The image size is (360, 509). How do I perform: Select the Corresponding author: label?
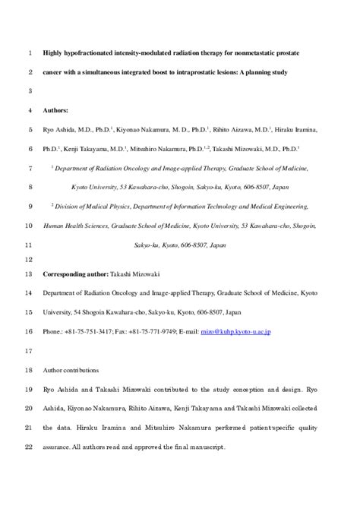[x=79, y=273]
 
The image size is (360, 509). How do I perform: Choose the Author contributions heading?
[x=71, y=370]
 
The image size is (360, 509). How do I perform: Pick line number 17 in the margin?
[x=27, y=351]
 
